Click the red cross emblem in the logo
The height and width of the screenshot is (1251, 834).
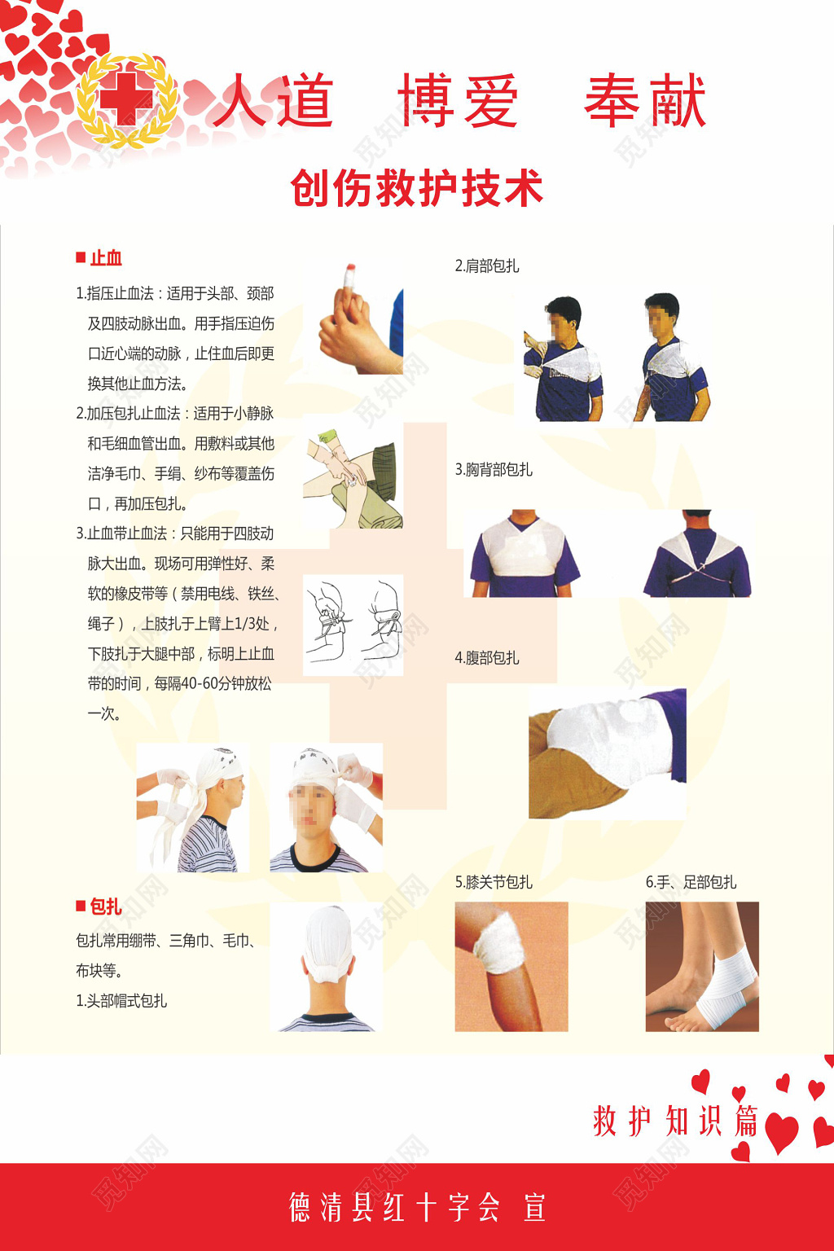click(x=126, y=99)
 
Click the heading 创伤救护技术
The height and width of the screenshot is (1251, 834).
click(x=416, y=188)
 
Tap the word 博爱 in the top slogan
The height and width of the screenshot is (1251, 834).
click(x=458, y=101)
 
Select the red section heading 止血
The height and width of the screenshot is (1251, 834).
click(x=105, y=258)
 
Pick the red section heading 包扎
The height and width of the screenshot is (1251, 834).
click(x=105, y=906)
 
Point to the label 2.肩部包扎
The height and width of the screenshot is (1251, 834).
click(x=486, y=266)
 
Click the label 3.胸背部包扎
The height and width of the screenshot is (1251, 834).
click(x=493, y=469)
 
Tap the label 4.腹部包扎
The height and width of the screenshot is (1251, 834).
click(x=486, y=657)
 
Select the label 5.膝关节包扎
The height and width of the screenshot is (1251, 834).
click(x=493, y=882)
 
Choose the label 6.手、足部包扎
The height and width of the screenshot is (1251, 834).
click(x=691, y=882)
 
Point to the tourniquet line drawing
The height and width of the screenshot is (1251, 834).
click(x=353, y=625)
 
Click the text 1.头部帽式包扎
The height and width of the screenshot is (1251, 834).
click(x=121, y=1000)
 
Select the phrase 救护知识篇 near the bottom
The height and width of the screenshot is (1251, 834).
click(x=675, y=1122)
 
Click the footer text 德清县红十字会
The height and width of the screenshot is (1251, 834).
click(x=394, y=1207)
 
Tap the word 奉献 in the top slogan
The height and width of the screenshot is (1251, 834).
click(x=645, y=101)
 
